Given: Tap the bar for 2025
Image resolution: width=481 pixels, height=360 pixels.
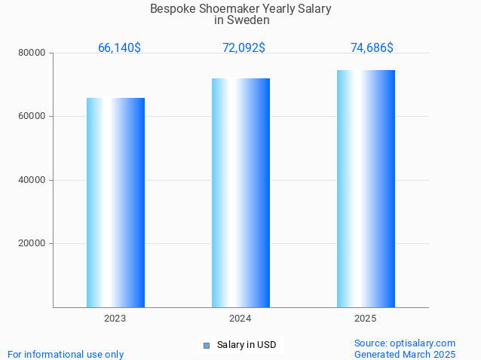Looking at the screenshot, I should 366,188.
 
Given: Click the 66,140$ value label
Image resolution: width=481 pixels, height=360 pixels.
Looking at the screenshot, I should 119,47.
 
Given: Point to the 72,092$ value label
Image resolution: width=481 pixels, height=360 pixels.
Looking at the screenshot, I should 244,47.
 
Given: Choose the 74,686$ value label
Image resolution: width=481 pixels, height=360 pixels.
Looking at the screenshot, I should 372,47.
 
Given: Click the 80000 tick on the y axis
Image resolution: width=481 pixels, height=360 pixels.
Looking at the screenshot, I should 32,53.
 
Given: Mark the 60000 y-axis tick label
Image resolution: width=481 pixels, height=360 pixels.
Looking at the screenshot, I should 32,116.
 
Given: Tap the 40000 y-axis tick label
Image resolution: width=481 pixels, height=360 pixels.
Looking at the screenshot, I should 32,180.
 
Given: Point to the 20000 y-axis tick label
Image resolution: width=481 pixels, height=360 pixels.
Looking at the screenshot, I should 32,243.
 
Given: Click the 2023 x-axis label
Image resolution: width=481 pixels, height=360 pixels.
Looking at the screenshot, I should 115,319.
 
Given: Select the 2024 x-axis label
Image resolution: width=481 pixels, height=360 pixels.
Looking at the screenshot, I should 240,319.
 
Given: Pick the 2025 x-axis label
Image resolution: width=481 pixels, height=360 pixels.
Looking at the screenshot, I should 366,319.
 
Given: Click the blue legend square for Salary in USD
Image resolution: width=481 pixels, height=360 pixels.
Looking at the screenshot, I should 206,345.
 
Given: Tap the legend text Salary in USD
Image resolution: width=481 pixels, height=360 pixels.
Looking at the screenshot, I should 247,345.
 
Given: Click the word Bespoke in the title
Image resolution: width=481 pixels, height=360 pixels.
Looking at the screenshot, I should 171,9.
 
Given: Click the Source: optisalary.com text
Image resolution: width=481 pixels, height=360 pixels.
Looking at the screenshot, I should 405,343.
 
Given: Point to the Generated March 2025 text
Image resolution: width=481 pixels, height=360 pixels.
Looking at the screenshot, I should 405,354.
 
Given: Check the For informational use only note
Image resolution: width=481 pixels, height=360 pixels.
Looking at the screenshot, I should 66,354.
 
